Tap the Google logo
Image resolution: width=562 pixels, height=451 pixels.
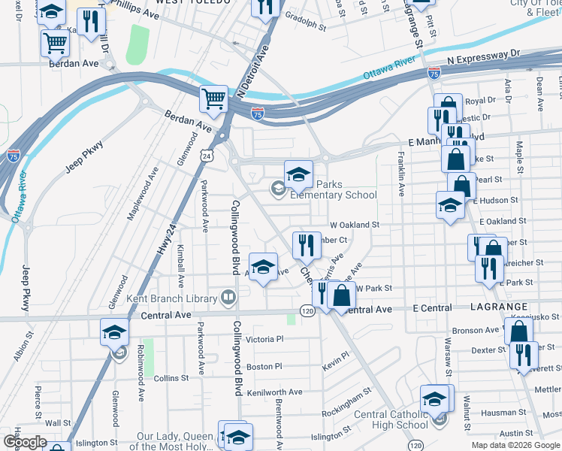(x=25, y=442)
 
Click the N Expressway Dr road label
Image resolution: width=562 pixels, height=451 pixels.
(x=482, y=56)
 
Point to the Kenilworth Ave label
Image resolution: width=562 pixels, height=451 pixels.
(x=274, y=392)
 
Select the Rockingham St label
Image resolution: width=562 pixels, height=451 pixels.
(x=346, y=413)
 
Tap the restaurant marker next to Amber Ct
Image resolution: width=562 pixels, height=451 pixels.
(x=307, y=244)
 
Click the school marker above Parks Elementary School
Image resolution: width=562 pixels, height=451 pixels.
(x=298, y=174)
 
